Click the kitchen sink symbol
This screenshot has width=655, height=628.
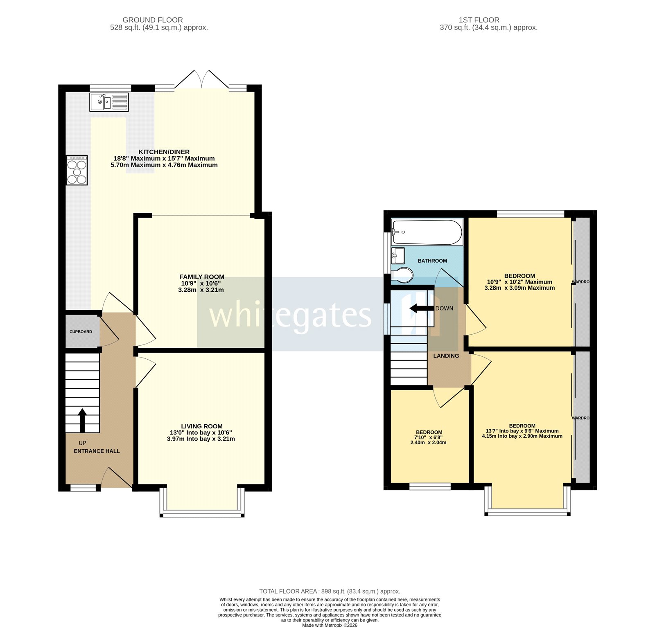(x=109, y=102)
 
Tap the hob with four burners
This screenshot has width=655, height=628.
(x=77, y=170)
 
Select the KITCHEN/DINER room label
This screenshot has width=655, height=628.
(x=164, y=152)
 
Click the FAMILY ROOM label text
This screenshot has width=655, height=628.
(x=201, y=277)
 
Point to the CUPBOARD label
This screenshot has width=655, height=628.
(x=81, y=332)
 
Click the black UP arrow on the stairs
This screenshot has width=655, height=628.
(x=82, y=420)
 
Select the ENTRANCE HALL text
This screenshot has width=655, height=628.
(x=97, y=451)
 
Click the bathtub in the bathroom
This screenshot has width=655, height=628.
(x=427, y=232)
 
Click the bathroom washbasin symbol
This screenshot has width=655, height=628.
(x=398, y=256)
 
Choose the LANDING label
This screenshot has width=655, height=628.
(x=446, y=356)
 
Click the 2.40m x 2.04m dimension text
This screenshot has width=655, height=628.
(x=428, y=442)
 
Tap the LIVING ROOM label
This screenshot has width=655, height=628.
(x=202, y=426)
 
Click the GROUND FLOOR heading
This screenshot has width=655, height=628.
(x=153, y=20)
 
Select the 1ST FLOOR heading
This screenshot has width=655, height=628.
(x=479, y=20)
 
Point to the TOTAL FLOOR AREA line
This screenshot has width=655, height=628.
(x=330, y=591)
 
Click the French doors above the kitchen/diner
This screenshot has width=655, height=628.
(x=202, y=79)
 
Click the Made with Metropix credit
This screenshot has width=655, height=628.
(x=330, y=625)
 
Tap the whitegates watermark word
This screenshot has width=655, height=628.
(x=290, y=315)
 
